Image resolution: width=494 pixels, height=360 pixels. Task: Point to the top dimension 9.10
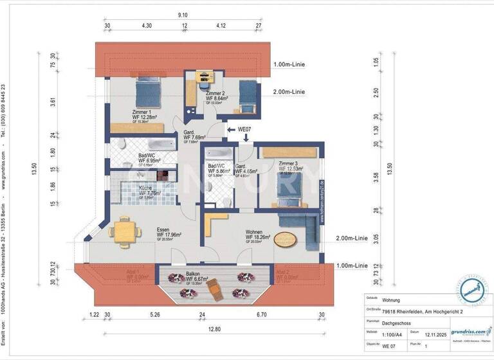pyautogui.click(x=183, y=15)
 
